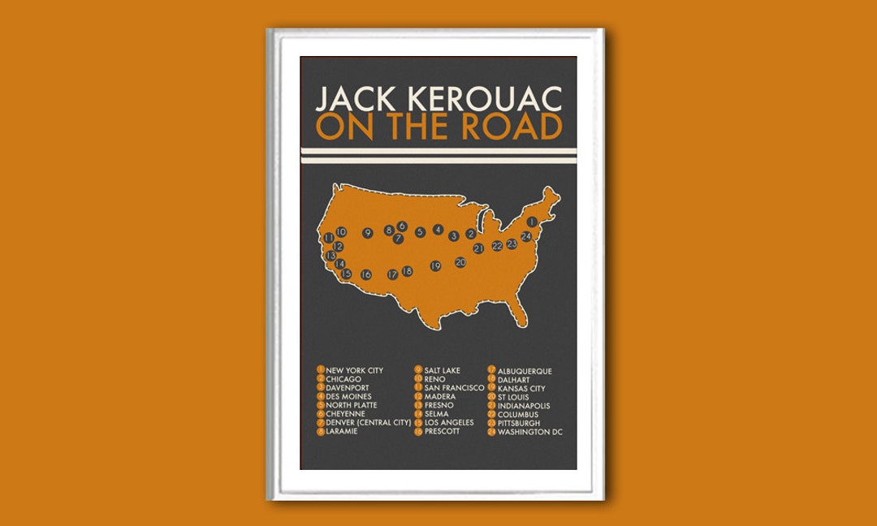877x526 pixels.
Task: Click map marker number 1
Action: (533, 222)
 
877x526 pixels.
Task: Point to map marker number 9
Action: (368, 233)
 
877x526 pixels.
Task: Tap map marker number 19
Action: (435, 265)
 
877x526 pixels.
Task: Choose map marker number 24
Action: (526, 236)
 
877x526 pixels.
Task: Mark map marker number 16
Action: (366, 274)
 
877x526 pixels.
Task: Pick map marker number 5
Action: (420, 232)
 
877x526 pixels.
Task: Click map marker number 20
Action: (460, 262)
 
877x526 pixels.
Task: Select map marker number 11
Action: (329, 238)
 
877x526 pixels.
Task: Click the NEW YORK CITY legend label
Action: (354, 371)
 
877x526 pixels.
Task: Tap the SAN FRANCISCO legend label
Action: (454, 388)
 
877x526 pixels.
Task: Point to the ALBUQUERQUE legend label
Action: (525, 371)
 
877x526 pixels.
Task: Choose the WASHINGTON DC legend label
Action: (530, 432)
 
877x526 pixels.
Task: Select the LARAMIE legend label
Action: (343, 432)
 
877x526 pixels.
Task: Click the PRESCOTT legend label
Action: (442, 432)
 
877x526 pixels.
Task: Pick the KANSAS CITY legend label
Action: (521, 388)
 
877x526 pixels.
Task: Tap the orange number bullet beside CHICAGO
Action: (321, 379)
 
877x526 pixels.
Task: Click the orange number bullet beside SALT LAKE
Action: (418, 371)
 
